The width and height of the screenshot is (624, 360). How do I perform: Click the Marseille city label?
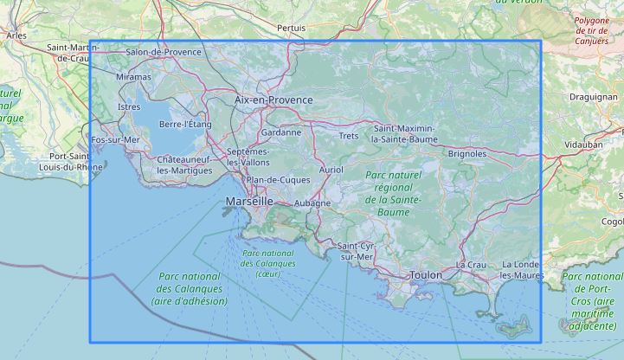click(248, 201)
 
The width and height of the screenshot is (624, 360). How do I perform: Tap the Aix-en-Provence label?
click(273, 100)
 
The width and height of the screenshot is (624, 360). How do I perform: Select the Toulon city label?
click(427, 275)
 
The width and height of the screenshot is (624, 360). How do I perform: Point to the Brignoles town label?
click(467, 153)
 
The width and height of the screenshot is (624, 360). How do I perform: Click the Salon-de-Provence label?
click(164, 52)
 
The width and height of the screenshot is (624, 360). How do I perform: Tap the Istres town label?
click(128, 106)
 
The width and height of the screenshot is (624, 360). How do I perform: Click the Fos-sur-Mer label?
click(115, 139)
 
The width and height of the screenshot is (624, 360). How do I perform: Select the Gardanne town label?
click(281, 132)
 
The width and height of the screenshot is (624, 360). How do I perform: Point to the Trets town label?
click(349, 136)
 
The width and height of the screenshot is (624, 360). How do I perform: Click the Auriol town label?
click(331, 170)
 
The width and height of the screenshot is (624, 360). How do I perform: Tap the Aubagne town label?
click(312, 203)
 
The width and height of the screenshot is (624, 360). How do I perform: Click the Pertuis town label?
click(291, 28)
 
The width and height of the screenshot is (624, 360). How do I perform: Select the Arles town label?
click(16, 35)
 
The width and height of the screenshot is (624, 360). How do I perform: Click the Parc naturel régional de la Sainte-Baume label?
click(393, 188)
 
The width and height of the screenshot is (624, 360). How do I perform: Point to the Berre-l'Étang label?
click(186, 125)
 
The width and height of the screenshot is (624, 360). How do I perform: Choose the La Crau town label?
click(472, 264)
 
